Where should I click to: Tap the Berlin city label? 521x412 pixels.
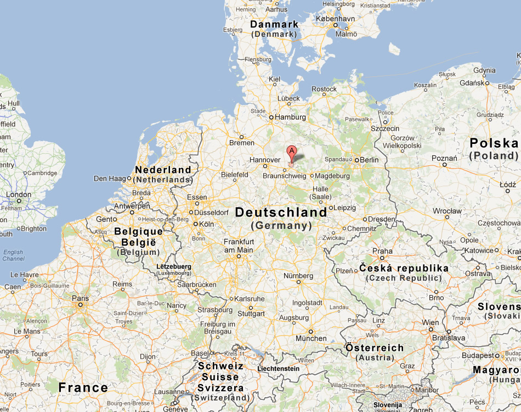tap(369, 160)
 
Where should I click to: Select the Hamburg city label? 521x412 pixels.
tap(291, 117)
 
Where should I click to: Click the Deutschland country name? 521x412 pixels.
tap(281, 212)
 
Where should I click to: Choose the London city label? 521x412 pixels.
tap(18, 194)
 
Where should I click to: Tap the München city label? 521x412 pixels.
tap(310, 338)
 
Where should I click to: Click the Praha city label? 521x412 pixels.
tap(382, 251)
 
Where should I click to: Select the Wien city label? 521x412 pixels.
tap(430, 322)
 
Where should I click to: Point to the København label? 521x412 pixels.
tap(335, 18)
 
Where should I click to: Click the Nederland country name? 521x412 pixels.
tap(163, 170)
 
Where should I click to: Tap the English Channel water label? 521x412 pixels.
tap(13, 255)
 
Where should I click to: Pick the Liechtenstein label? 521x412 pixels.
tap(279, 369)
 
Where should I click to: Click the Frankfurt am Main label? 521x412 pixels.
tap(239, 246)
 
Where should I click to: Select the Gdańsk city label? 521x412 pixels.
tap(475, 82)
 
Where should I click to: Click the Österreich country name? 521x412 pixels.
tap(375, 348)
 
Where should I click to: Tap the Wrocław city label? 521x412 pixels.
tap(447, 210)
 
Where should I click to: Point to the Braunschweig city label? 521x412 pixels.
tap(285, 176)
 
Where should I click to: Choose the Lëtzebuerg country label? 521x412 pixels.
tap(174, 266)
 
